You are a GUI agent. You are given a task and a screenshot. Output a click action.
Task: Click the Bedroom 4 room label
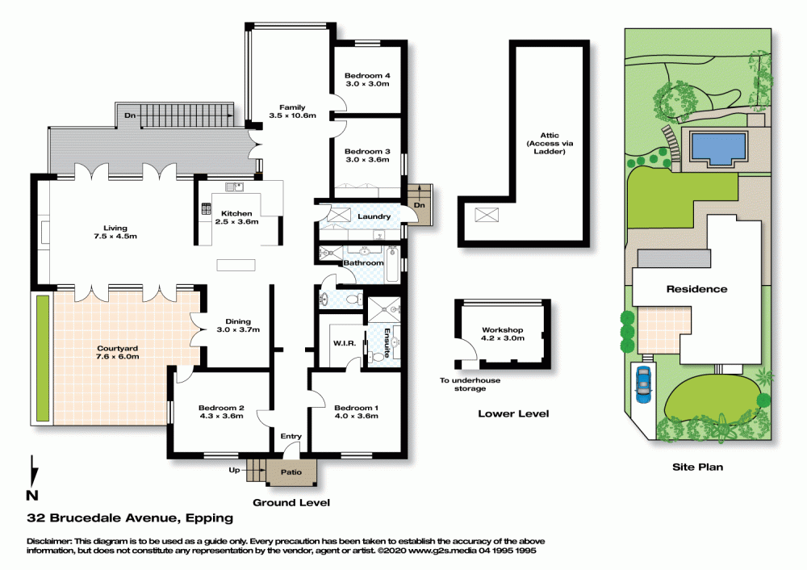(367, 76)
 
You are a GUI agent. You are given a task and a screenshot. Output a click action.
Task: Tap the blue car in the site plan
(643, 384)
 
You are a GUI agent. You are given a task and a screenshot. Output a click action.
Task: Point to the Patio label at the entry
(291, 472)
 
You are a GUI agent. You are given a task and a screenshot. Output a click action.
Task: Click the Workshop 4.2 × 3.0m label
(502, 333)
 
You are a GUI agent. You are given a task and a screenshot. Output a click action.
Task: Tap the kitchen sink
(234, 187)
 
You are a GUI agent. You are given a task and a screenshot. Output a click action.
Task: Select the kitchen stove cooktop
(206, 208)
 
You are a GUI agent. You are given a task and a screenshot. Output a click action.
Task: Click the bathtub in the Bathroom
(392, 264)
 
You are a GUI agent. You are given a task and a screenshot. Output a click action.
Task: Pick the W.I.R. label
(345, 343)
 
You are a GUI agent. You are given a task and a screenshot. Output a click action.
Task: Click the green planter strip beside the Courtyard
(43, 358)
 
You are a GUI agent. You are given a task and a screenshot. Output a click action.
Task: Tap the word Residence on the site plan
(697, 289)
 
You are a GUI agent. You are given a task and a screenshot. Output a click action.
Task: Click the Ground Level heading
(291, 502)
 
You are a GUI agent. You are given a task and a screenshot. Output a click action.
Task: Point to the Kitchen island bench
(236, 265)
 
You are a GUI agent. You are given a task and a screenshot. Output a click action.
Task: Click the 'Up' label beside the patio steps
(234, 470)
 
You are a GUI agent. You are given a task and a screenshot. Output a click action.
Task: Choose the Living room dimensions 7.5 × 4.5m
(115, 237)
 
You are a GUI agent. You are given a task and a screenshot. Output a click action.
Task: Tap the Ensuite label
(386, 343)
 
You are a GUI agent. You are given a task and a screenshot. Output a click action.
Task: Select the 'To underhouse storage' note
(470, 384)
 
